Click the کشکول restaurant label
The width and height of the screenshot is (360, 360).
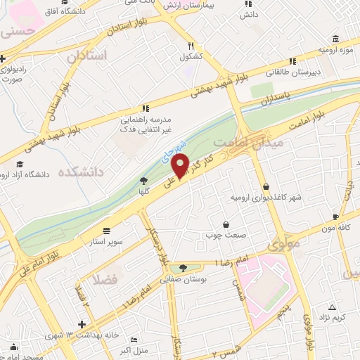point(191,56)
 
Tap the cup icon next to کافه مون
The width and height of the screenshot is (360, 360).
point(335,217)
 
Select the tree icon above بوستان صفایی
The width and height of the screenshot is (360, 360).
point(184,267)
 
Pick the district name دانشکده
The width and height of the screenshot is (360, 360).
point(80,172)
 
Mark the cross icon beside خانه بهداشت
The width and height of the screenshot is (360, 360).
point(83,324)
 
